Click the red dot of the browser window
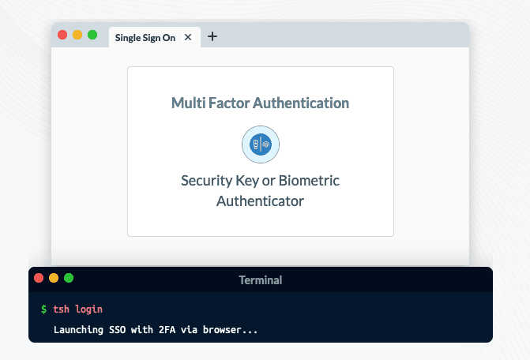(62, 35)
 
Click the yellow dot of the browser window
(77, 35)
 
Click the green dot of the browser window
(92, 35)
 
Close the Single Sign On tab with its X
(187, 36)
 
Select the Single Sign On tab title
(145, 36)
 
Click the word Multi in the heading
(187, 103)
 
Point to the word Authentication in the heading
(301, 103)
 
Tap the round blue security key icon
(260, 144)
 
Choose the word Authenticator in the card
(260, 201)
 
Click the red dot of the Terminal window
(39, 278)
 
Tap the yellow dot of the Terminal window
(54, 278)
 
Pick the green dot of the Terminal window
(69, 278)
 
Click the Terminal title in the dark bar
(260, 279)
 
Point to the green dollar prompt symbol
(44, 309)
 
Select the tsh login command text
(77, 309)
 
